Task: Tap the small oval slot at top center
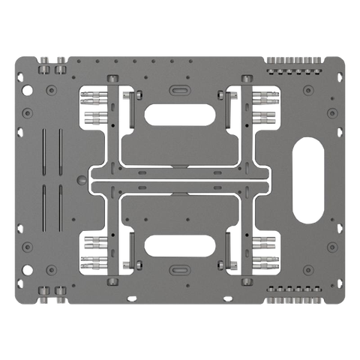pos(181,88)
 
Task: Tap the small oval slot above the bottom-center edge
pos(181,269)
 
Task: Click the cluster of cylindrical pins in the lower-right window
pos(263,251)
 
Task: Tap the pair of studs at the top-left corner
pos(50,66)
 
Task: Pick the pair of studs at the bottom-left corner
pos(50,293)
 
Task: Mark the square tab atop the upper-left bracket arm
pos(113,78)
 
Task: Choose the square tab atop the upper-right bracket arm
pos(246,78)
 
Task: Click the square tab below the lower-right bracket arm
pos(246,281)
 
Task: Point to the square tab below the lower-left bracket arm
pos(113,281)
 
